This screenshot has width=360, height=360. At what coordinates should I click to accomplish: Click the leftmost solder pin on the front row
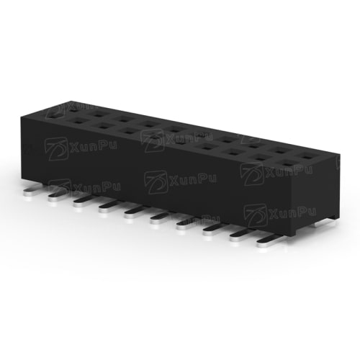[x=32, y=189]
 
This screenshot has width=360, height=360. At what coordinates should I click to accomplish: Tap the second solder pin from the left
[x=56, y=196]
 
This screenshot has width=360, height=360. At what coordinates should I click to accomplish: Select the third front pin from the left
[x=84, y=202]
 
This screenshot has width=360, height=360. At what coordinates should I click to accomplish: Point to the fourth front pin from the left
[x=109, y=207]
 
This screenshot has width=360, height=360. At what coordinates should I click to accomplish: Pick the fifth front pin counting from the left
[x=135, y=213]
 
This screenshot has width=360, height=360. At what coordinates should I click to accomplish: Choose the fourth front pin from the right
[x=188, y=224]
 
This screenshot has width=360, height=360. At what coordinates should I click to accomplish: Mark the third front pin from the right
[x=215, y=230]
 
